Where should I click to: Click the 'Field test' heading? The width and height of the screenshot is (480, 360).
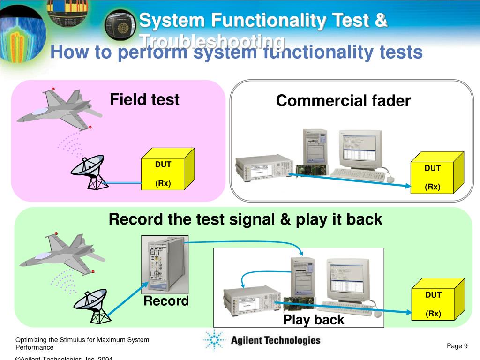[144, 100]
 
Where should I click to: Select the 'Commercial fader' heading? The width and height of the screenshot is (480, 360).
[343, 101]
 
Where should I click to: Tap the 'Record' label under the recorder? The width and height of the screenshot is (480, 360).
[166, 301]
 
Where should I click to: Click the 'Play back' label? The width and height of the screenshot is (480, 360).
[314, 320]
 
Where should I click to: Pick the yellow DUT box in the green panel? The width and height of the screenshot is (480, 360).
[436, 301]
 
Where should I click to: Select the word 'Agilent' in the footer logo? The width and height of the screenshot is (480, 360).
[248, 341]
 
